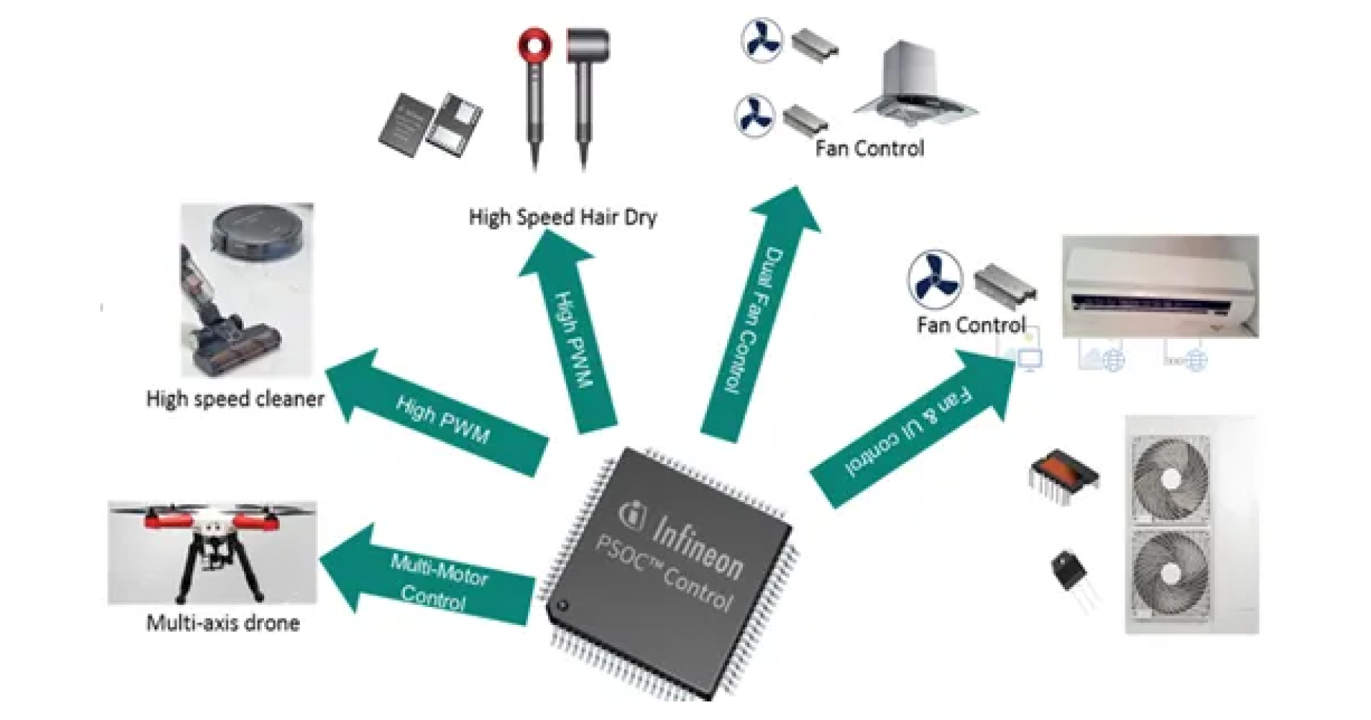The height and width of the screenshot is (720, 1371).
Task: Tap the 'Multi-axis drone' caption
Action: tap(223, 623)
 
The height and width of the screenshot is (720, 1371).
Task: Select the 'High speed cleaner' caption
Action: tap(235, 398)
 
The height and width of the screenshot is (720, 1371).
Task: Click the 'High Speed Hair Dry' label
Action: tap(562, 217)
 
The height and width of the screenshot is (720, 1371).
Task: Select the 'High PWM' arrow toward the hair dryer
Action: tap(572, 336)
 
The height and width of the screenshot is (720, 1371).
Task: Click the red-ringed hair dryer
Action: tap(535, 93)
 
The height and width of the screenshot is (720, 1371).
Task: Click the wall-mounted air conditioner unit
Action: tap(1159, 286)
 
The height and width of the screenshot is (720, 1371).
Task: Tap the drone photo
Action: tap(212, 552)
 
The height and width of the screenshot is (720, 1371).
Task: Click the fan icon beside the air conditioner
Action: tap(935, 279)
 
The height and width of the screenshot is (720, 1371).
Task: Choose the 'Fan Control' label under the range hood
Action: tap(869, 149)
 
